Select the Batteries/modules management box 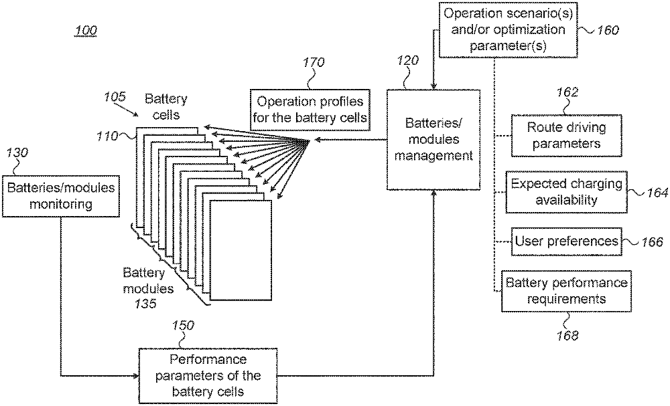point(433,140)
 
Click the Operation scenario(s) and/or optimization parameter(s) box point(508,29)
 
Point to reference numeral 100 point(84,31)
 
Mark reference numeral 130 point(17,153)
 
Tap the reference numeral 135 point(144,304)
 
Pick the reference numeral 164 point(657,193)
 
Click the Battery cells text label point(165,107)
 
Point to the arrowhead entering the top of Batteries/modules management point(435,86)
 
